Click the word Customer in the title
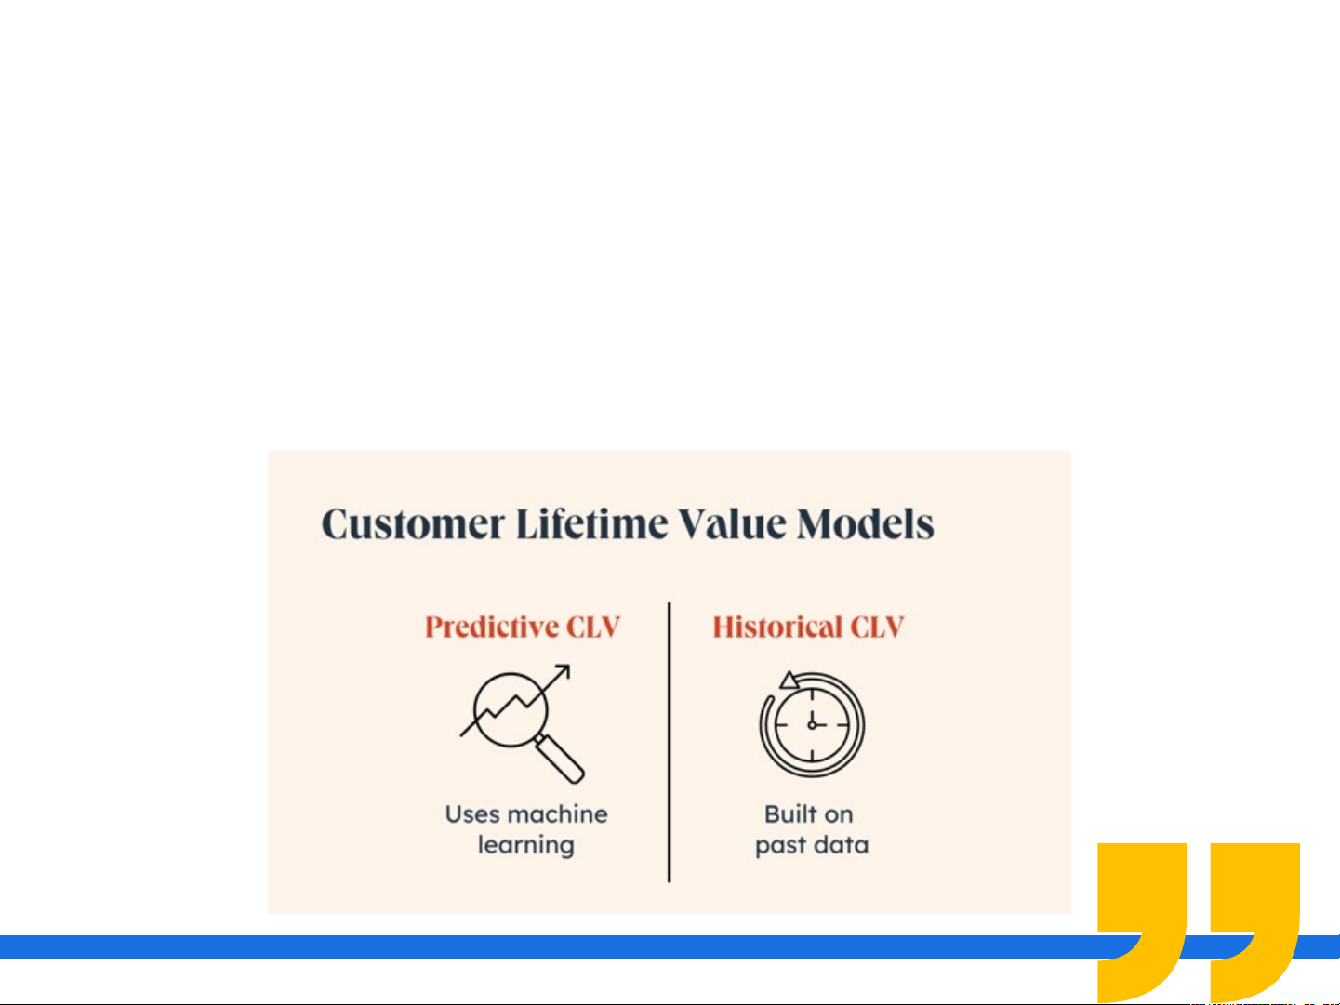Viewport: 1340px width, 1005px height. point(413,524)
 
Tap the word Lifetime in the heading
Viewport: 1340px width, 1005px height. point(591,523)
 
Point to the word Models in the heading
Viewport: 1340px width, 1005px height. point(866,523)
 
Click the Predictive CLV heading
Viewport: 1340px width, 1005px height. point(523,627)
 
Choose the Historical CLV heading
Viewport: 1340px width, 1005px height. point(808,627)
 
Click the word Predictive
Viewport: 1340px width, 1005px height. point(491,627)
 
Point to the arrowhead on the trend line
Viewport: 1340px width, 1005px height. point(564,670)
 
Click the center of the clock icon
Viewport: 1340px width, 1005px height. point(812,725)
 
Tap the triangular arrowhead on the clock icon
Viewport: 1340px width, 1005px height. point(789,681)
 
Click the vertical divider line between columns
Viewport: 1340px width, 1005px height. point(670,742)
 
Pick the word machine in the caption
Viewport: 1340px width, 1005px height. point(557,814)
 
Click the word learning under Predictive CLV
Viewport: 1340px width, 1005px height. point(526,846)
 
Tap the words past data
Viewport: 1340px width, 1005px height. point(812,846)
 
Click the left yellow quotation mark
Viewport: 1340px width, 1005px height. point(1141,921)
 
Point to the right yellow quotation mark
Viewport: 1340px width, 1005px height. point(1254,921)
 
